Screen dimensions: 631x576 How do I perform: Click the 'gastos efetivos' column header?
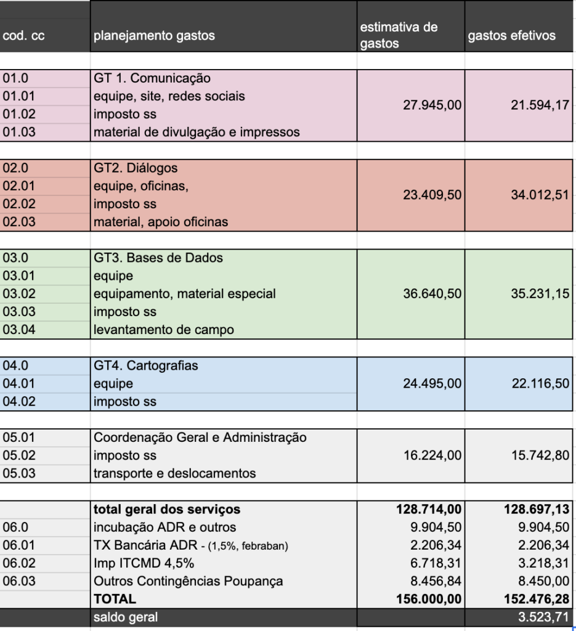pyautogui.click(x=511, y=36)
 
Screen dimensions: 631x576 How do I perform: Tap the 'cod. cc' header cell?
pyautogui.click(x=23, y=36)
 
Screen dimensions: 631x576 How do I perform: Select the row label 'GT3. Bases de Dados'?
pyautogui.click(x=158, y=258)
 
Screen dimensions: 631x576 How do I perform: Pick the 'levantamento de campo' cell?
pyautogui.click(x=163, y=330)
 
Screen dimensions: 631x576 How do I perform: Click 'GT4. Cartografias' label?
pyautogui.click(x=146, y=365)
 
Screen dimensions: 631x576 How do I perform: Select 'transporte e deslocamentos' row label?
pyautogui.click(x=174, y=474)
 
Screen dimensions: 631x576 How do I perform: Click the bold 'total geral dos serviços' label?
pyautogui.click(x=166, y=510)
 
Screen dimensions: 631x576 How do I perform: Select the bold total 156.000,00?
pyautogui.click(x=429, y=599)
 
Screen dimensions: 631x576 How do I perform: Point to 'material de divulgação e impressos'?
pyautogui.click(x=196, y=132)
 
